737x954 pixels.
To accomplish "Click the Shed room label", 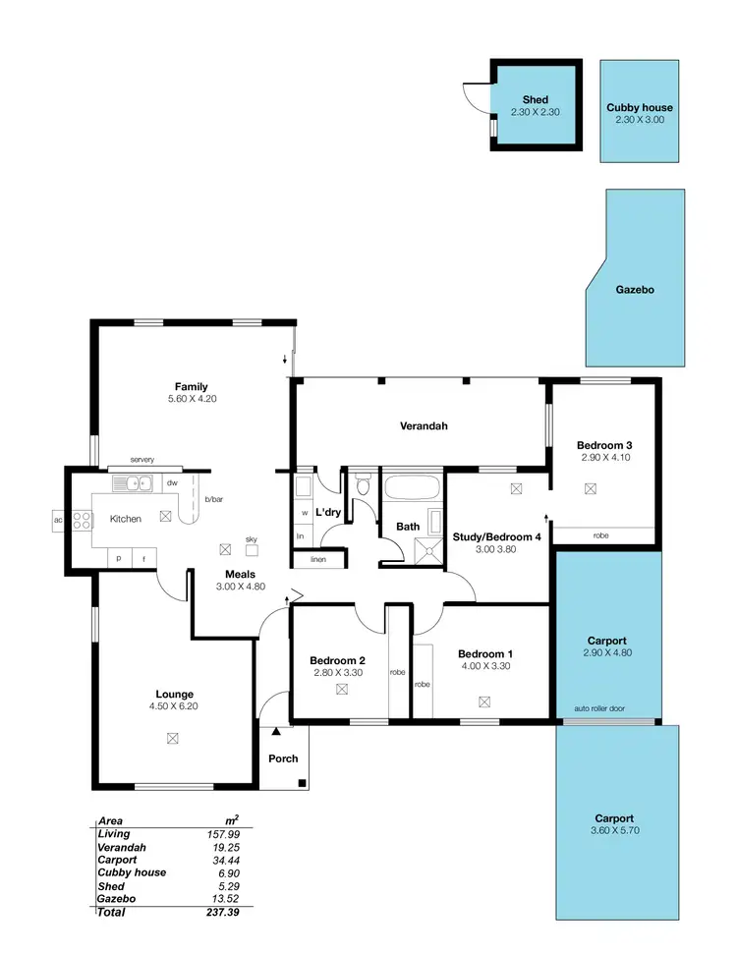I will tap(536, 99).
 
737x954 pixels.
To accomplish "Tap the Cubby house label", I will tap(640, 106).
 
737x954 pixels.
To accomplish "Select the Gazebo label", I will tap(635, 290).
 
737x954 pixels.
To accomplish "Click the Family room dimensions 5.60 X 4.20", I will tap(191, 400).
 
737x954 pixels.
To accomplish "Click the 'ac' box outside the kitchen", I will tap(58, 520).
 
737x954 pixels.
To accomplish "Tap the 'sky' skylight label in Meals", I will tap(252, 539).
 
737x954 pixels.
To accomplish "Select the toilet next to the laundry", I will tap(363, 483).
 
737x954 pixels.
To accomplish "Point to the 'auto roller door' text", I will tap(599, 709).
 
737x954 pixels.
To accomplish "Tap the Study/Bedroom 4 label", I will tap(497, 536).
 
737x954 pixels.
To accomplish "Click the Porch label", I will tap(283, 758).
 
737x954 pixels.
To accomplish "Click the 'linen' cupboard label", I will tap(317, 559).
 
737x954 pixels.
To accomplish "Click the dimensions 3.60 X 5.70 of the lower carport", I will tap(613, 830).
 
